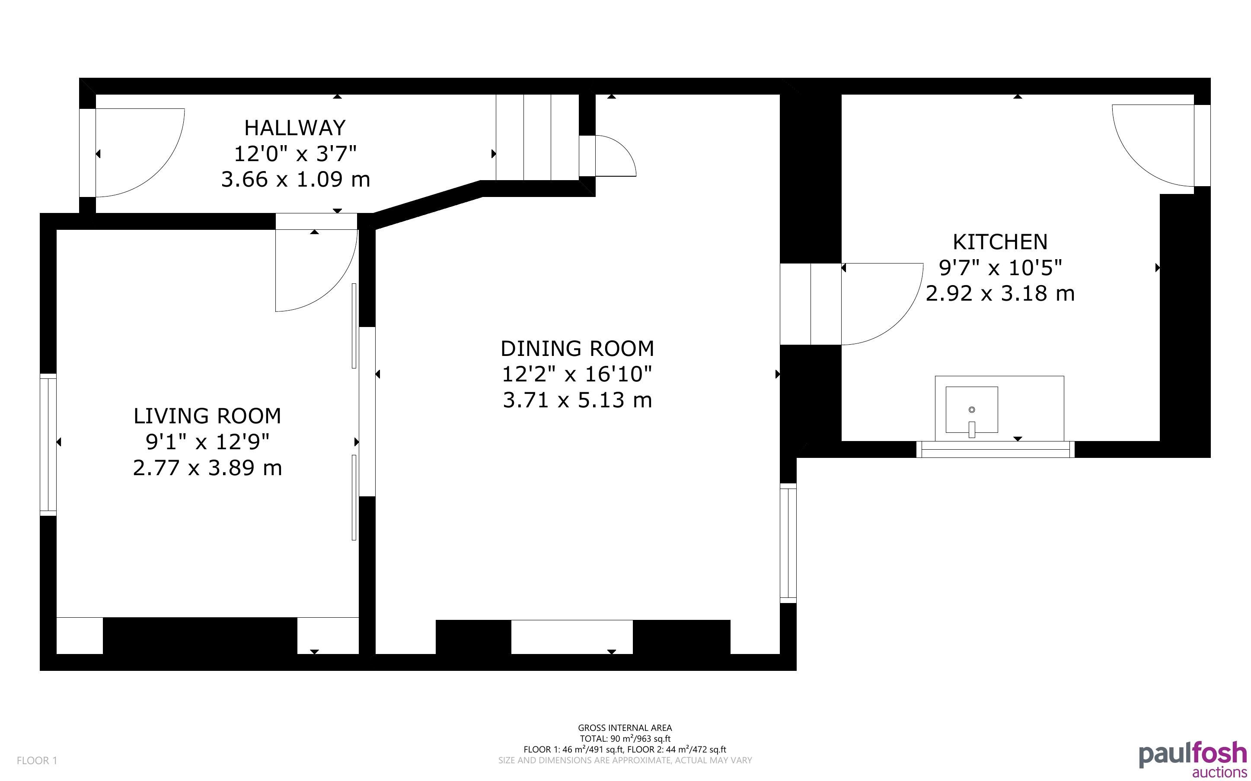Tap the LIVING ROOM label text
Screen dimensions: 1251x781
pyautogui.click(x=207, y=416)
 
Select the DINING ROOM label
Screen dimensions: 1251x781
pyautogui.click(x=577, y=349)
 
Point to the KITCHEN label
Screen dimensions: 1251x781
pyautogui.click(x=1000, y=242)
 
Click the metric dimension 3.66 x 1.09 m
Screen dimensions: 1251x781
pyautogui.click(x=296, y=180)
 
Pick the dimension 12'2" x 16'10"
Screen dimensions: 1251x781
pyautogui.click(x=577, y=374)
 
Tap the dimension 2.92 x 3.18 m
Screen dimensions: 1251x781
pyautogui.click(x=1000, y=293)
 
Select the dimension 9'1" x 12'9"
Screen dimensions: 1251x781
pyautogui.click(x=207, y=441)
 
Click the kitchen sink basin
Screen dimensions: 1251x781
pyautogui.click(x=971, y=410)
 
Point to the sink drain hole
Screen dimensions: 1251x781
pyautogui.click(x=971, y=410)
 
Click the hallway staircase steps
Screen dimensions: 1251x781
pyautogui.click(x=537, y=137)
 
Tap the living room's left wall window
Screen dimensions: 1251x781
pyautogui.click(x=48, y=444)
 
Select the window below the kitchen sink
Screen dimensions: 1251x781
pyautogui.click(x=995, y=449)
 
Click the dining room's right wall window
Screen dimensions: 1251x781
pyautogui.click(x=788, y=543)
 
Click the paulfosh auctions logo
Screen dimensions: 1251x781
pyautogui.click(x=1193, y=760)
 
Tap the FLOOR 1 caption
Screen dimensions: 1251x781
pyautogui.click(x=37, y=760)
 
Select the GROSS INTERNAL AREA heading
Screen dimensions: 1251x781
pyautogui.click(x=625, y=728)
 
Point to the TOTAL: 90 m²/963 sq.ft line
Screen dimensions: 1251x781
pyautogui.click(x=625, y=739)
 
